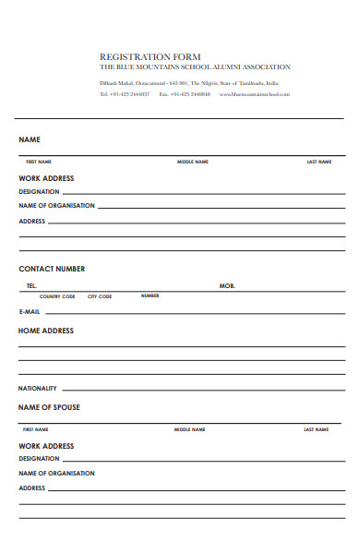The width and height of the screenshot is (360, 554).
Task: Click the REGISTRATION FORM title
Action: point(150,56)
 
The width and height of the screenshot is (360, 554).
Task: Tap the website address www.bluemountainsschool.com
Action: point(255,94)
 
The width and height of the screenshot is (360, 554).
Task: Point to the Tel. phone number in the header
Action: point(125,94)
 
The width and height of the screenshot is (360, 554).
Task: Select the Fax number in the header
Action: point(185,94)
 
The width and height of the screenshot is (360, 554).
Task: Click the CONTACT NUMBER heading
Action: point(52,269)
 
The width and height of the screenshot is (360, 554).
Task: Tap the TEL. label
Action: point(31,286)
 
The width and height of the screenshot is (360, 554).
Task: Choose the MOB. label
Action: point(227,286)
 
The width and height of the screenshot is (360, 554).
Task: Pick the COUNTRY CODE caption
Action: point(56,296)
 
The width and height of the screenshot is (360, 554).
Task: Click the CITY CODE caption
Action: point(100,296)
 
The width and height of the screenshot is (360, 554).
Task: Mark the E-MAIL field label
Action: point(30,312)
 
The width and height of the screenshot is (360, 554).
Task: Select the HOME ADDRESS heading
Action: point(46,331)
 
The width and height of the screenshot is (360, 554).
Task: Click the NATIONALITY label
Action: point(38,389)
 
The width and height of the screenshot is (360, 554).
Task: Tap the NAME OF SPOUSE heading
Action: point(49,407)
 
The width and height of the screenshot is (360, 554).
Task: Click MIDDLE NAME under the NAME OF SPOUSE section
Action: point(190,429)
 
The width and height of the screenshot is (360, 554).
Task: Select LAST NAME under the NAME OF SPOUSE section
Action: point(316,429)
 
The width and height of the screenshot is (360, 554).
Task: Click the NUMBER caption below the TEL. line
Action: point(150,295)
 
